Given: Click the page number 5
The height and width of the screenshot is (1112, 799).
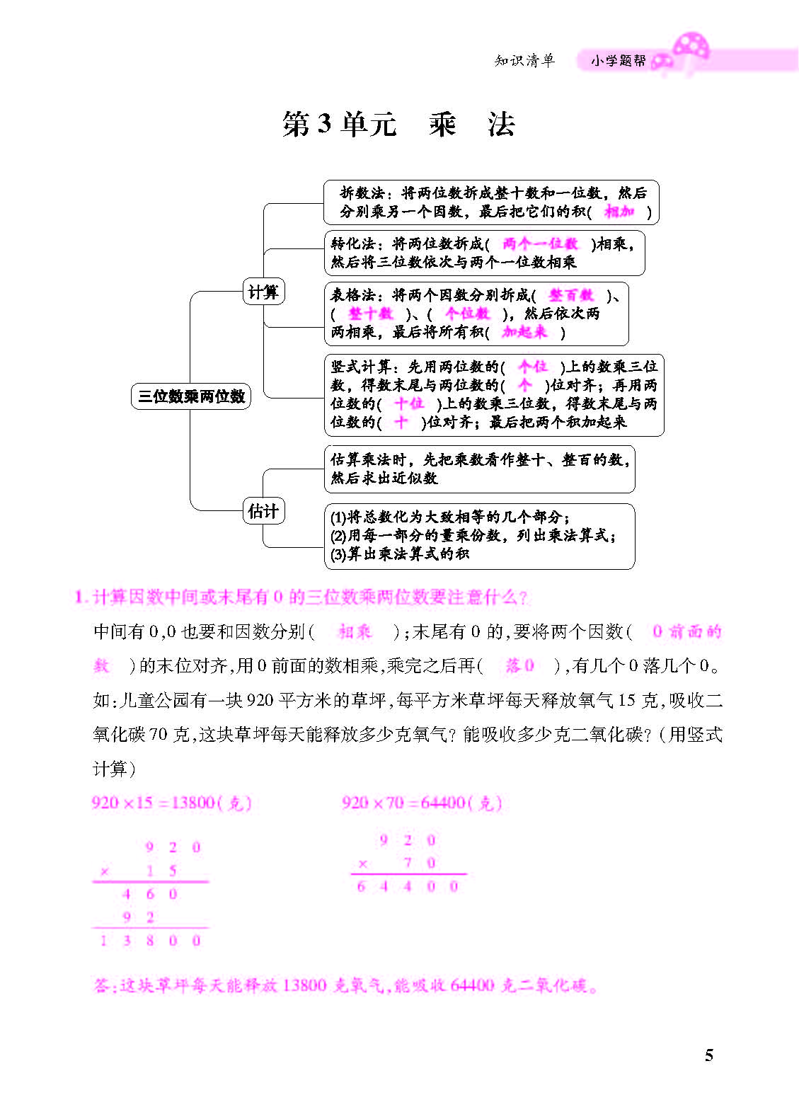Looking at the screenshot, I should [x=709, y=1055].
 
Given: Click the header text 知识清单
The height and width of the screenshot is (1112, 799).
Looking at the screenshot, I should [x=525, y=60].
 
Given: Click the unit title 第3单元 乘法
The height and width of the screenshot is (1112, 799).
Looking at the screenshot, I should [x=398, y=125].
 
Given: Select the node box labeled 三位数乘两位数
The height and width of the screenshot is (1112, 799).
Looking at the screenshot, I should [x=191, y=396].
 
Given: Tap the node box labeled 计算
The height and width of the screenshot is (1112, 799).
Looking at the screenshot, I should [x=263, y=292].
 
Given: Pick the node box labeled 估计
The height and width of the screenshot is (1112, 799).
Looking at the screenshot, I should [x=263, y=511].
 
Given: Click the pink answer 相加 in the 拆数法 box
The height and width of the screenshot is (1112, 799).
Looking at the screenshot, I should [x=619, y=212].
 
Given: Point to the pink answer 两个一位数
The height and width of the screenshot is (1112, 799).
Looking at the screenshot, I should [x=540, y=243].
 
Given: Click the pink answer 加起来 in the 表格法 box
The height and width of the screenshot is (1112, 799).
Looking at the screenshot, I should [x=524, y=332].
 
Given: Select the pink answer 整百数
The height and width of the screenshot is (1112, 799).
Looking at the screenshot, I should [x=571, y=295].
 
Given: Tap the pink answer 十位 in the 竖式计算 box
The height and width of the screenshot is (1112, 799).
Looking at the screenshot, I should [x=409, y=403].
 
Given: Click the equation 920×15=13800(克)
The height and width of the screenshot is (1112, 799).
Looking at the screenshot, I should [x=172, y=803].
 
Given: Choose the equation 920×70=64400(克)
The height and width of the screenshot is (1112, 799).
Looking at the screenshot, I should [x=422, y=803].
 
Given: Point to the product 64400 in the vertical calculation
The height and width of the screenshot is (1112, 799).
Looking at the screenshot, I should [x=408, y=886].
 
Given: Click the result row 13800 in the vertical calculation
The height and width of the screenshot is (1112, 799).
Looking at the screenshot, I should [x=150, y=941].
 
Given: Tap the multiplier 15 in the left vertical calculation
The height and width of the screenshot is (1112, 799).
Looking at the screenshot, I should [x=161, y=871].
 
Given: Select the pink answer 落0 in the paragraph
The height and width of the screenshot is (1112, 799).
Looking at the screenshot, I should [x=519, y=665].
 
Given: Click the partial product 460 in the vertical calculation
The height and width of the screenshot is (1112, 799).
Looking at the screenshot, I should [x=149, y=894].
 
